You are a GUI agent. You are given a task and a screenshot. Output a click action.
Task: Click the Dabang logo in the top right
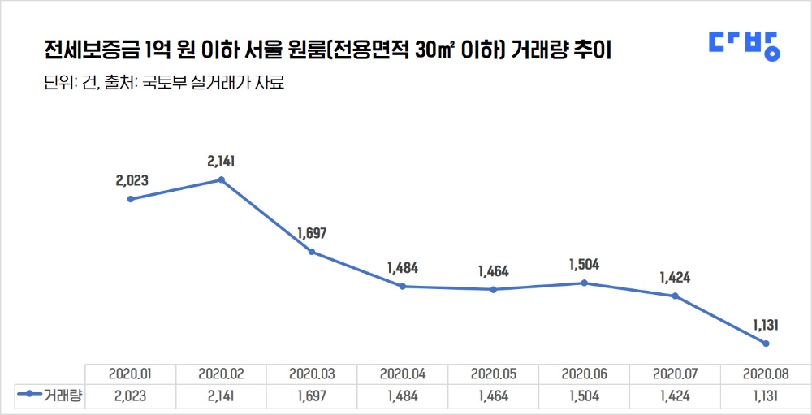743,45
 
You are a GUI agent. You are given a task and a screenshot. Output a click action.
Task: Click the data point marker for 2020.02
222,179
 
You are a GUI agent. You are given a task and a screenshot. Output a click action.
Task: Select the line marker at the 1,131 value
765,344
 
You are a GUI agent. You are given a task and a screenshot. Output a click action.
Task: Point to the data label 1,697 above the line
312,234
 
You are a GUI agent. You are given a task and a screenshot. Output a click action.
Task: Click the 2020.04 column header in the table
403,374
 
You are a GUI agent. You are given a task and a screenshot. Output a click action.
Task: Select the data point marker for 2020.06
584,283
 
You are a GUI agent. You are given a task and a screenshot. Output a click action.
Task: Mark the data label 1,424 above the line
674,278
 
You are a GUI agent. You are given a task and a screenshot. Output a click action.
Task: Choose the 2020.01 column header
131,374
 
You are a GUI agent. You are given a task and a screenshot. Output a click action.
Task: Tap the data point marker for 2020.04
403,286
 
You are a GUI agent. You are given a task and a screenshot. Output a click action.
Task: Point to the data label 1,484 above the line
403,268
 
